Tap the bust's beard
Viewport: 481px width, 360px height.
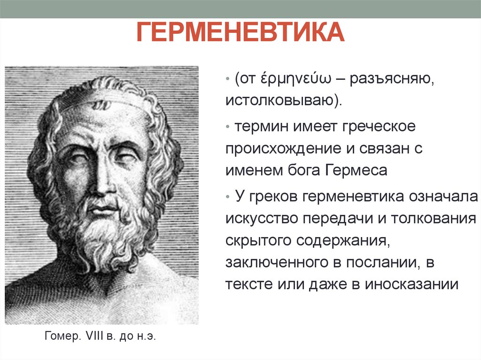click(x=106, y=235)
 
